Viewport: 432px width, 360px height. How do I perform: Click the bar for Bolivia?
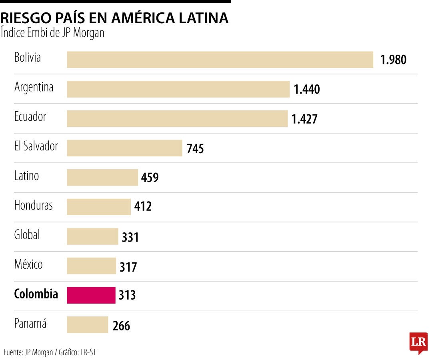click(x=220, y=60)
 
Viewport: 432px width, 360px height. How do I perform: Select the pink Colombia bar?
click(x=91, y=295)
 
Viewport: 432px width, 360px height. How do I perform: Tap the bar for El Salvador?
click(x=124, y=148)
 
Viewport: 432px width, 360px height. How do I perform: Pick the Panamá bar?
click(x=87, y=325)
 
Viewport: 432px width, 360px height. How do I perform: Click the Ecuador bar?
click(x=177, y=119)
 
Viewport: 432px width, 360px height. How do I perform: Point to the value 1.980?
click(x=393, y=60)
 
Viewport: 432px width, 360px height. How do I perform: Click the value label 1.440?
click(x=307, y=90)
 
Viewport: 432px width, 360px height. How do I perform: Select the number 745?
click(x=195, y=149)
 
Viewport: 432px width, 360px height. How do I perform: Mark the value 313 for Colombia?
click(x=127, y=296)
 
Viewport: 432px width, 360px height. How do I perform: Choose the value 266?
click(x=121, y=326)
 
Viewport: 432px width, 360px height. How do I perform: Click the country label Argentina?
click(x=34, y=87)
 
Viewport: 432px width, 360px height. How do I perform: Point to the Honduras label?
click(x=33, y=206)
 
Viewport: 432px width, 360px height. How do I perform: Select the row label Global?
click(x=27, y=235)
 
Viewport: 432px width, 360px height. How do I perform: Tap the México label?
click(x=28, y=264)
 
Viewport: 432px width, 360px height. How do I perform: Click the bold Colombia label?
click(x=36, y=294)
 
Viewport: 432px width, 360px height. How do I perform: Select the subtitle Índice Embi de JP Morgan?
click(x=52, y=33)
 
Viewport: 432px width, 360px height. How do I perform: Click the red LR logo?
click(x=418, y=342)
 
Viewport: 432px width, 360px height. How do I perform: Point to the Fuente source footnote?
click(x=50, y=352)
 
